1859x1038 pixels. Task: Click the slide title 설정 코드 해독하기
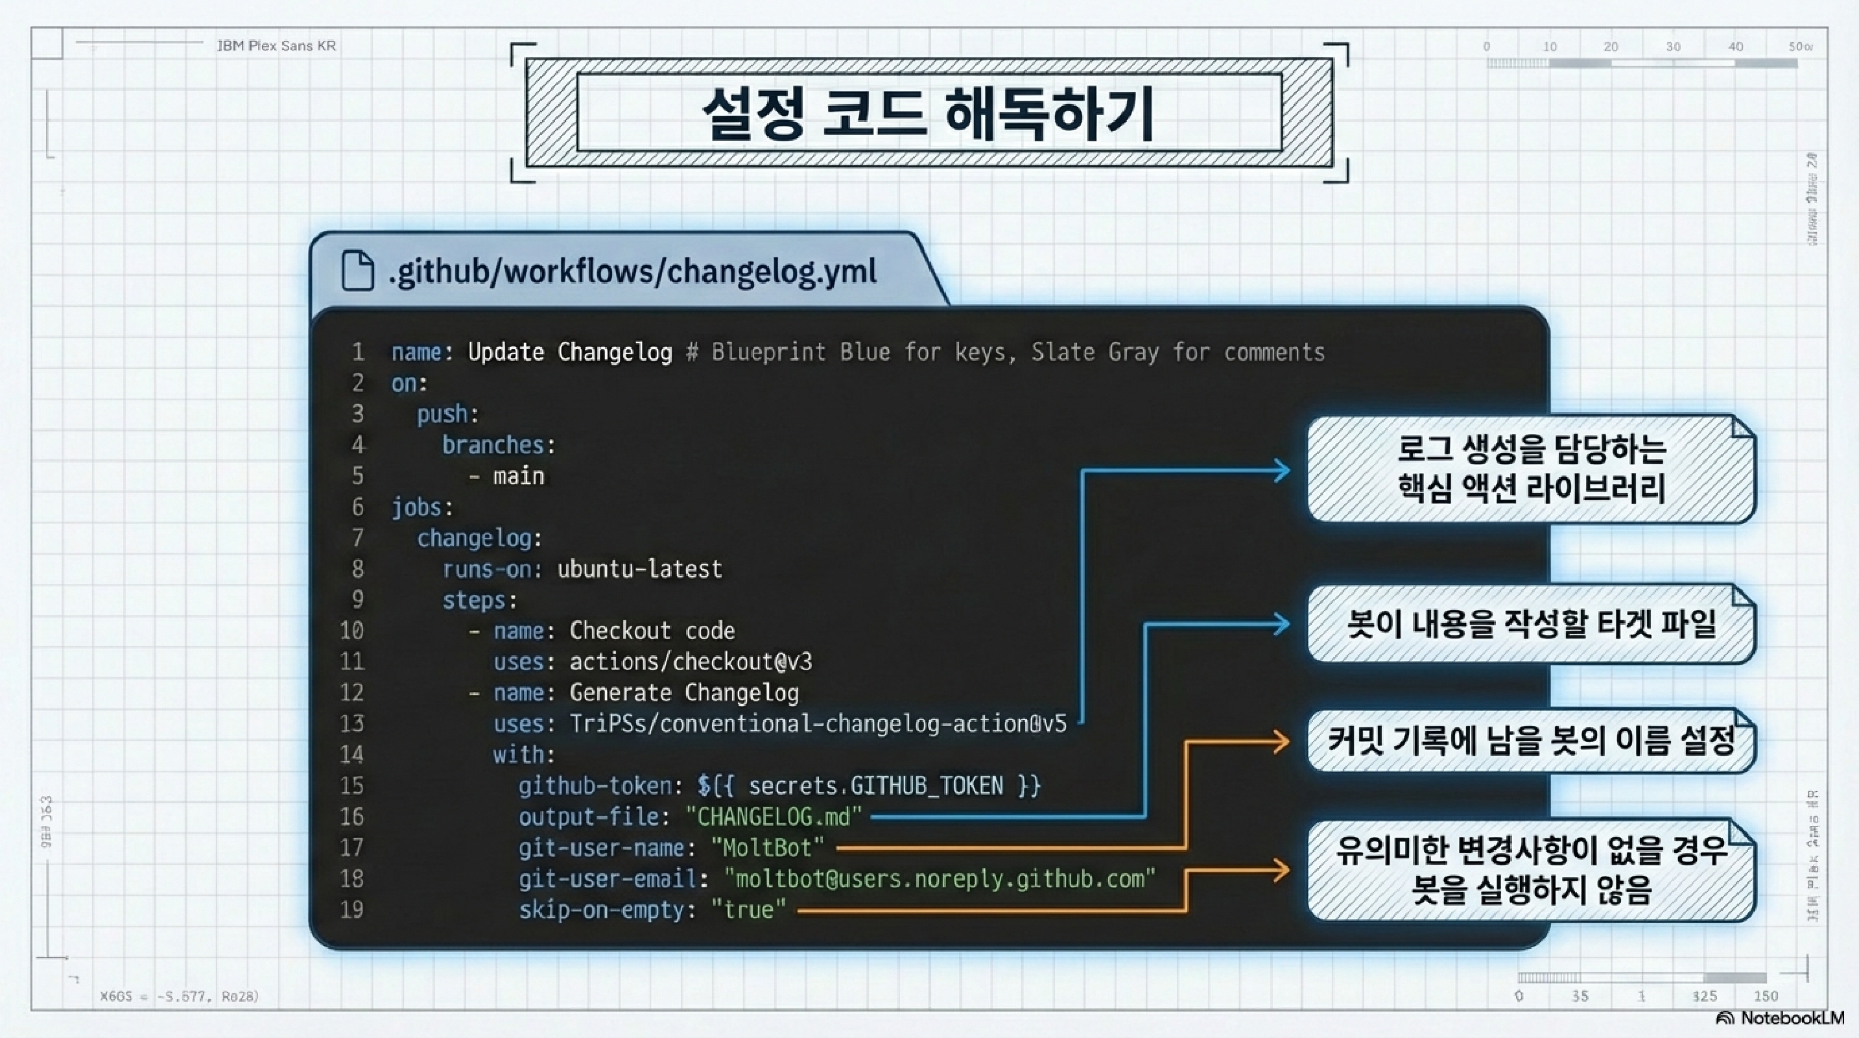pyautogui.click(x=928, y=114)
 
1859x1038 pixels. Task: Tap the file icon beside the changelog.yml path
pyautogui.click(x=357, y=271)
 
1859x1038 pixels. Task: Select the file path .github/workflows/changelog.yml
pyautogui.click(x=632, y=271)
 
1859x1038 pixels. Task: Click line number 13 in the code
pyautogui.click(x=352, y=723)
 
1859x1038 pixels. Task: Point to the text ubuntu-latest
pyautogui.click(x=639, y=569)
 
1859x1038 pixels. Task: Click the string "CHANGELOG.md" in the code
pyautogui.click(x=773, y=816)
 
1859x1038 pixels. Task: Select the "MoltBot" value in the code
pyautogui.click(x=767, y=847)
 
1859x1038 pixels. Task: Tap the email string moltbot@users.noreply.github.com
pyautogui.click(x=939, y=878)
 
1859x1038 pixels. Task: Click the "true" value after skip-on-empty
pyautogui.click(x=748, y=910)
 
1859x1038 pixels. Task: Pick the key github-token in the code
pyautogui.click(x=595, y=786)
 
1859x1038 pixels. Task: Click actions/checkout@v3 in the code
pyautogui.click(x=691, y=661)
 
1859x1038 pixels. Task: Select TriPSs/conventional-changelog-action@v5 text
pyautogui.click(x=818, y=723)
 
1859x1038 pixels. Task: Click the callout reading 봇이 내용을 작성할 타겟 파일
pyautogui.click(x=1531, y=623)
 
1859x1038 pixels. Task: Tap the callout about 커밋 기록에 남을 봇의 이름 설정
pyautogui.click(x=1531, y=741)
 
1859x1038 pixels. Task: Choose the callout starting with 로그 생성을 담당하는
pyautogui.click(x=1531, y=468)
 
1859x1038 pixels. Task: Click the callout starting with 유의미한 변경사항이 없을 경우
pyautogui.click(x=1531, y=870)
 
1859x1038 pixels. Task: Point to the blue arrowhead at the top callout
pyautogui.click(x=1282, y=470)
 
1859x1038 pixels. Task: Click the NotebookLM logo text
pyautogui.click(x=1791, y=1018)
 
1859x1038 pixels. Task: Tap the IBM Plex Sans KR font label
pyautogui.click(x=276, y=45)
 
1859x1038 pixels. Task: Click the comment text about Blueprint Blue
pyautogui.click(x=1005, y=352)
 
